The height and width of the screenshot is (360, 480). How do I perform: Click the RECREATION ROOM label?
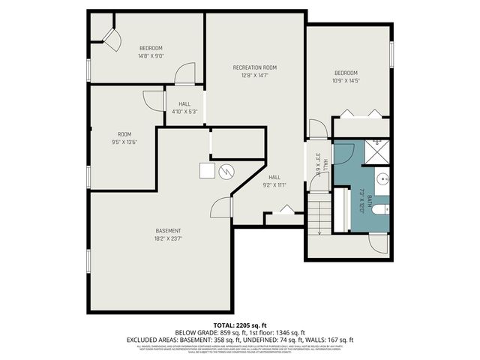coord(254,67)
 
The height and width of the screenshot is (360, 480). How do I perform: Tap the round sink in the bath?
coord(382,179)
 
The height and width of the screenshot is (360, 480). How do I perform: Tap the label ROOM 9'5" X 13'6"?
coord(124,138)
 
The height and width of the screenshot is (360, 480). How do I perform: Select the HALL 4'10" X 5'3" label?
coord(184,108)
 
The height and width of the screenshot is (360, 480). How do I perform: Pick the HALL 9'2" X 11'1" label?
coord(274,181)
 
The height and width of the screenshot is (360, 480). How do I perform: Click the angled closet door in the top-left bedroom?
coord(111,41)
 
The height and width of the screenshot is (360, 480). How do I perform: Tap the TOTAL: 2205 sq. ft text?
coord(240,323)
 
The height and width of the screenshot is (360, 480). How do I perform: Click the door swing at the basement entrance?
coord(222,208)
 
